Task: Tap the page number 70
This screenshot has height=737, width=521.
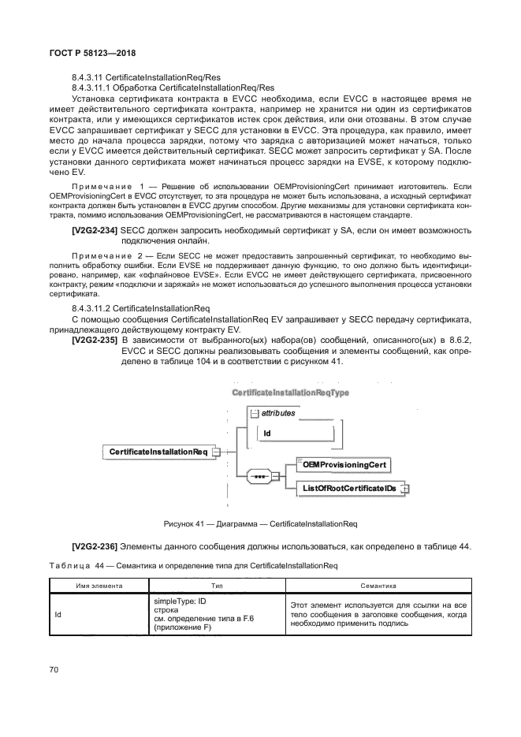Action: tap(54, 670)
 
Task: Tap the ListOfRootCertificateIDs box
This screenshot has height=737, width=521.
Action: tap(348, 489)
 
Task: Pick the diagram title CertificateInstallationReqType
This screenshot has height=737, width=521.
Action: tap(290, 392)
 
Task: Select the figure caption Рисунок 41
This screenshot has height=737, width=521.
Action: tap(260, 523)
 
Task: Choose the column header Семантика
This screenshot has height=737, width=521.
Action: tap(378, 586)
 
